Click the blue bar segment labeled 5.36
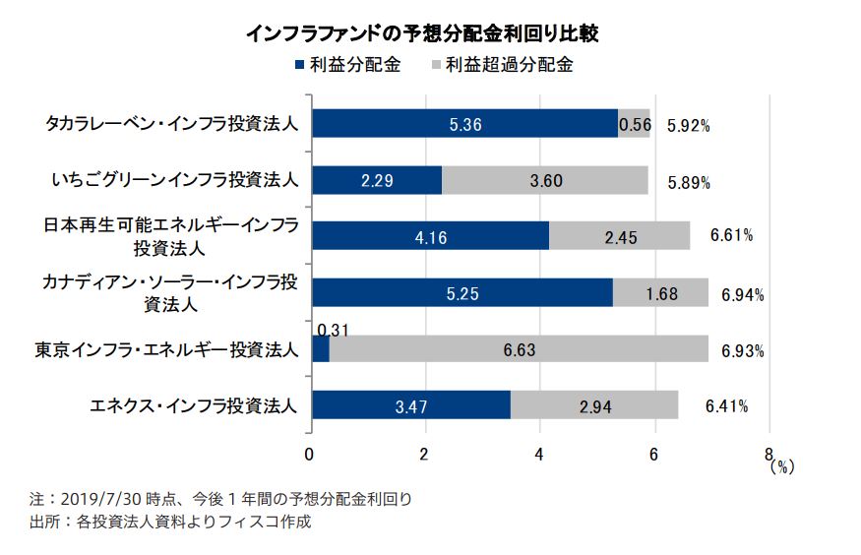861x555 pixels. pyautogui.click(x=464, y=124)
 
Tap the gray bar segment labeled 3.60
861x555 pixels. pyautogui.click(x=545, y=180)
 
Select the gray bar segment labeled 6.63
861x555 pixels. pyautogui.click(x=519, y=349)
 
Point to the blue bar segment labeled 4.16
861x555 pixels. pyautogui.click(x=430, y=236)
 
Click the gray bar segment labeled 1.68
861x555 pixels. pyautogui.click(x=660, y=293)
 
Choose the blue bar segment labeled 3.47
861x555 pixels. pyautogui.click(x=410, y=405)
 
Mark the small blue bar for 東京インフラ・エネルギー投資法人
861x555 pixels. pyautogui.click(x=320, y=349)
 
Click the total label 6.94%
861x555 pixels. pyautogui.click(x=743, y=294)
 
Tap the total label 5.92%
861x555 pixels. pyautogui.click(x=688, y=125)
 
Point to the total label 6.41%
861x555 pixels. pyautogui.click(x=727, y=404)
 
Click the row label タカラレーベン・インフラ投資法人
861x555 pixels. pyautogui.click(x=171, y=125)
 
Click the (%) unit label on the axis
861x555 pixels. pyautogui.click(x=782, y=467)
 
